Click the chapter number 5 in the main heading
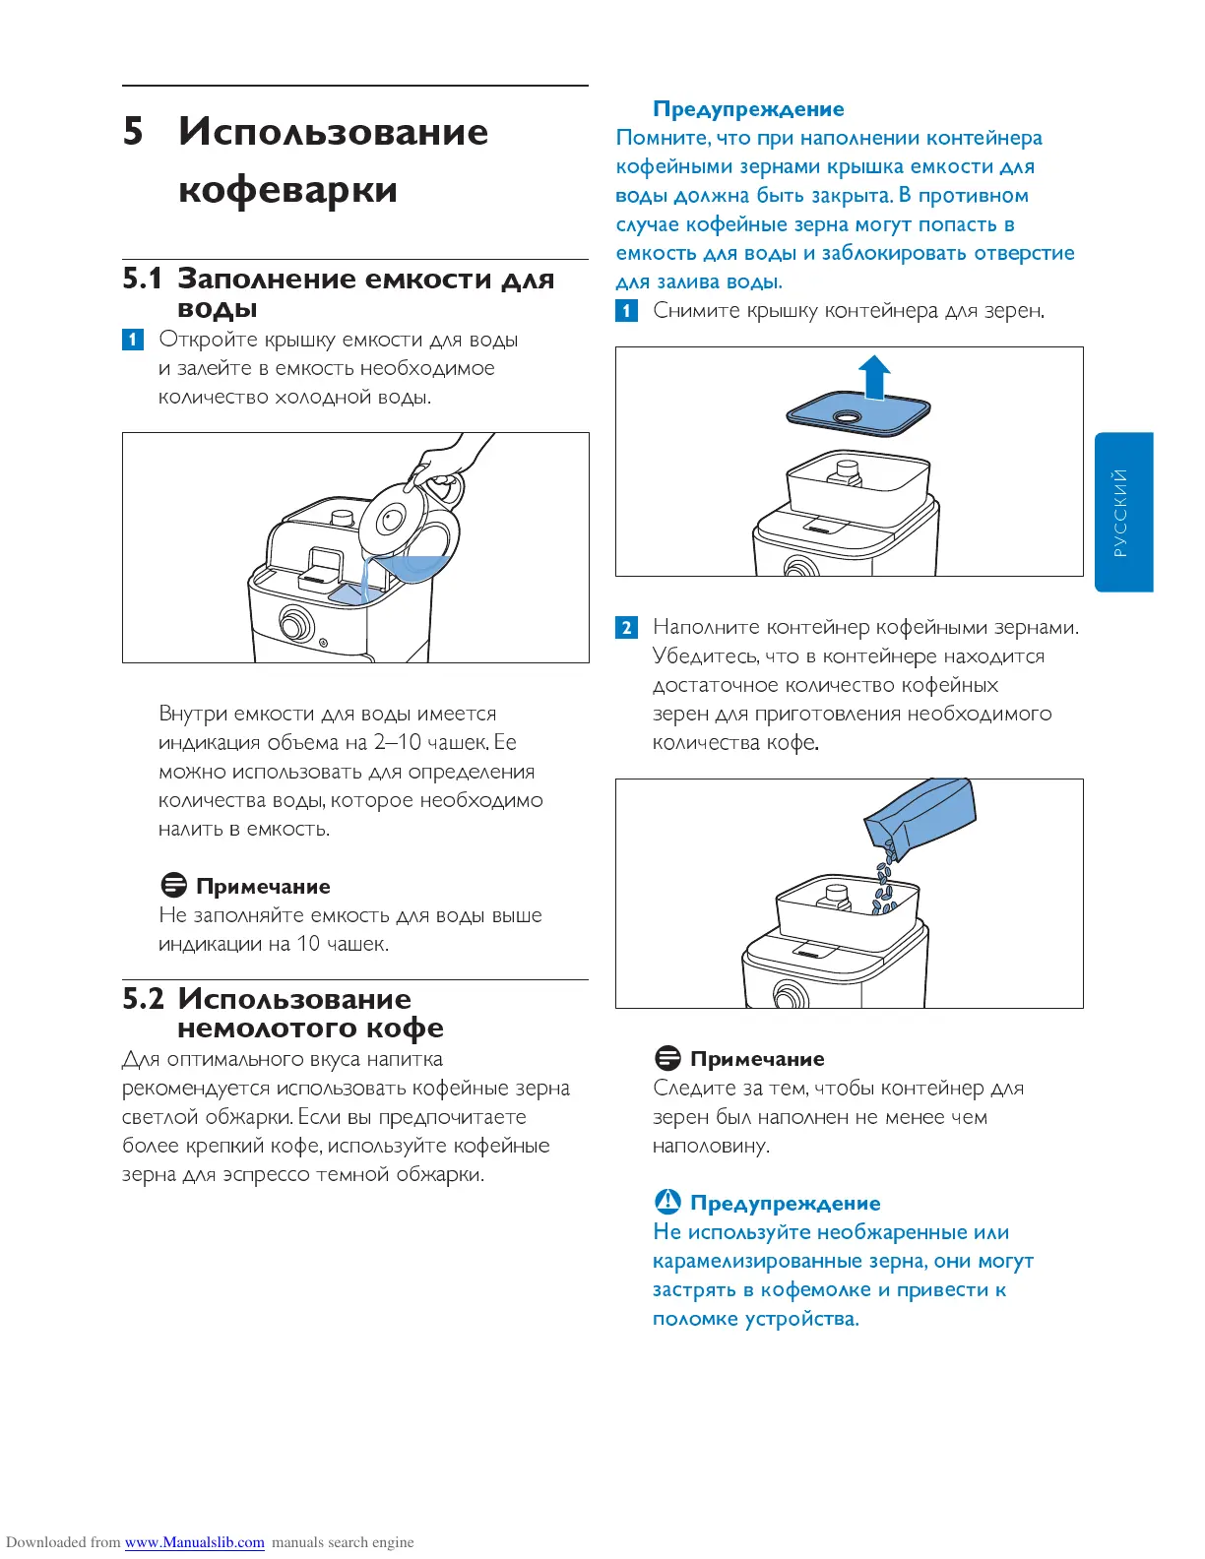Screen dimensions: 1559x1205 [x=133, y=132]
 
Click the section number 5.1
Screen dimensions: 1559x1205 [x=142, y=279]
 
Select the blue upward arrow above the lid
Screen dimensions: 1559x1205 [x=874, y=378]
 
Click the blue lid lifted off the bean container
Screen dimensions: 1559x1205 [x=858, y=415]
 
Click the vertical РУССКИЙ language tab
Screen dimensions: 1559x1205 [x=1122, y=512]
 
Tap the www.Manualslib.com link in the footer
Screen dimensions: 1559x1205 [x=194, y=1542]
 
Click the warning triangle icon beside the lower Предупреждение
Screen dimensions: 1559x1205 [x=667, y=1202]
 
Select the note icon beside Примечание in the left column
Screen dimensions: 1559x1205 [x=173, y=885]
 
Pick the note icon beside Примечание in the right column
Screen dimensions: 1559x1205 [x=667, y=1058]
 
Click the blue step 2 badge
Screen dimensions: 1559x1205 [x=626, y=627]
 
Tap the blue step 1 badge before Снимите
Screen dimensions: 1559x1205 [x=626, y=311]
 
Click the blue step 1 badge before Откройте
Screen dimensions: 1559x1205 [x=133, y=340]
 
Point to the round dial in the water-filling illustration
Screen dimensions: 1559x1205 [x=295, y=623]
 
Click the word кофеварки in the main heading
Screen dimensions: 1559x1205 [x=287, y=189]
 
